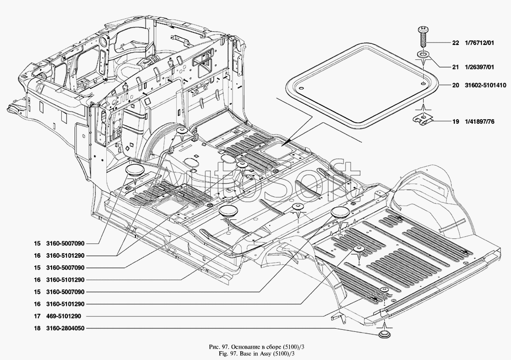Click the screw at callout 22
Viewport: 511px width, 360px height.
point(423,37)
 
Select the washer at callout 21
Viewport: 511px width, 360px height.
point(423,54)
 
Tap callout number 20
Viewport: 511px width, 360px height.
point(455,85)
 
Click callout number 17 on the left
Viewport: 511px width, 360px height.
point(37,316)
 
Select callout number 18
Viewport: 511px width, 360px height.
point(37,328)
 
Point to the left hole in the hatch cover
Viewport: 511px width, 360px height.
point(301,88)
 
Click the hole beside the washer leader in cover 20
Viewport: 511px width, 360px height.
point(423,83)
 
